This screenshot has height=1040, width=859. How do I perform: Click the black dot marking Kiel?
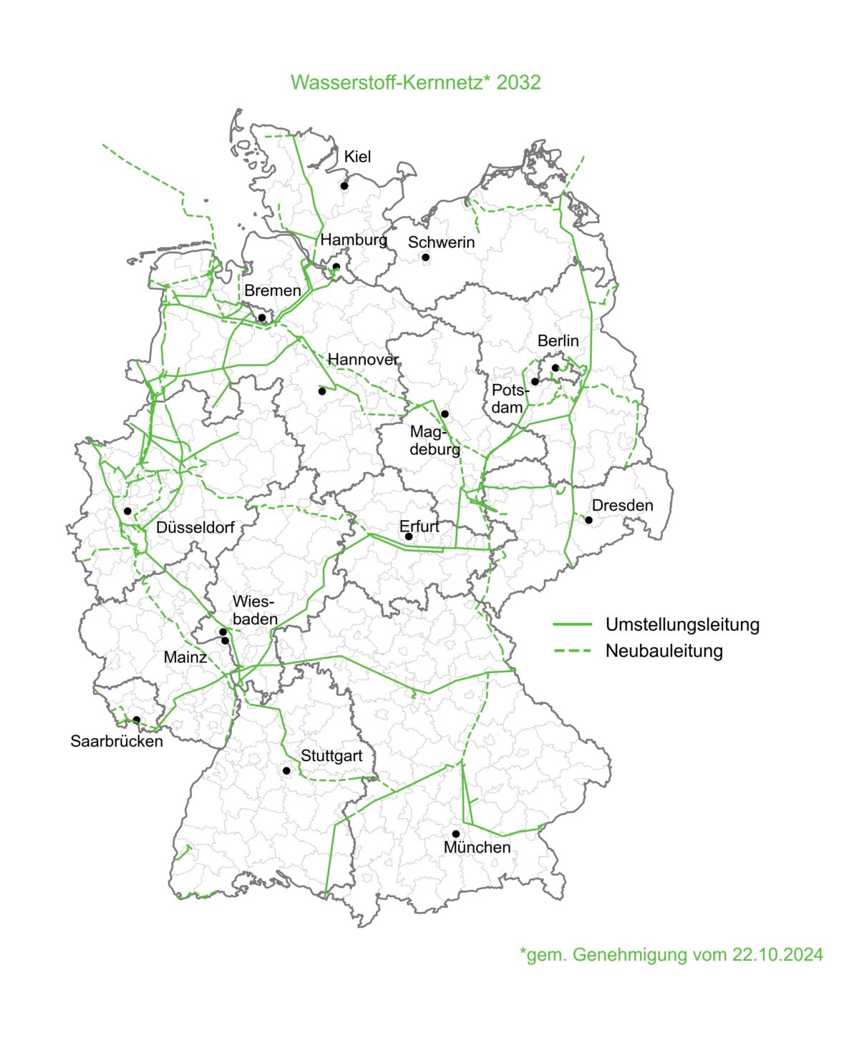point(344,186)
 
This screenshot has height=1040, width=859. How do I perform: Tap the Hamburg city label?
point(354,240)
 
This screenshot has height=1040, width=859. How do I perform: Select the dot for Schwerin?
point(425,257)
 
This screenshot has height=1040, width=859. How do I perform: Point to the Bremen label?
point(273,290)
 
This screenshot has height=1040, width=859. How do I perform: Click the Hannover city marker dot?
point(322,391)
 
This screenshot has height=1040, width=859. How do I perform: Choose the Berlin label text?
point(558,341)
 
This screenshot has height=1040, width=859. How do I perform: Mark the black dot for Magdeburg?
point(445,414)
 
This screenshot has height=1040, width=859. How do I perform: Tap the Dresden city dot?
point(589,520)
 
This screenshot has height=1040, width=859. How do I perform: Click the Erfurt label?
point(419,526)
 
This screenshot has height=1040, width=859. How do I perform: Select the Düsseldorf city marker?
point(127,511)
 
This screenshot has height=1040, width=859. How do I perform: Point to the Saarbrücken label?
point(117,741)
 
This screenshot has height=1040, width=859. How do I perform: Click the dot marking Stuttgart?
point(286,770)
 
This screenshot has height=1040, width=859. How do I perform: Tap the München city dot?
point(456,834)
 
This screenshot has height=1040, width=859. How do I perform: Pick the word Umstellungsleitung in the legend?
point(682,624)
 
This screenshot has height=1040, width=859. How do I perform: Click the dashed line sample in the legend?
point(573,651)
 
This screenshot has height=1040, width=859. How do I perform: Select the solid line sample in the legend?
point(573,624)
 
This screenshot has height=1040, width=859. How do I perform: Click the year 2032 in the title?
point(519,82)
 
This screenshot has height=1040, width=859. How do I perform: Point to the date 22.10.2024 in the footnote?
point(777,954)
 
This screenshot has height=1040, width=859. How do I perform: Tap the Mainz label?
point(185,657)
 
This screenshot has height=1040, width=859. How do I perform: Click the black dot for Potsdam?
point(535,382)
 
